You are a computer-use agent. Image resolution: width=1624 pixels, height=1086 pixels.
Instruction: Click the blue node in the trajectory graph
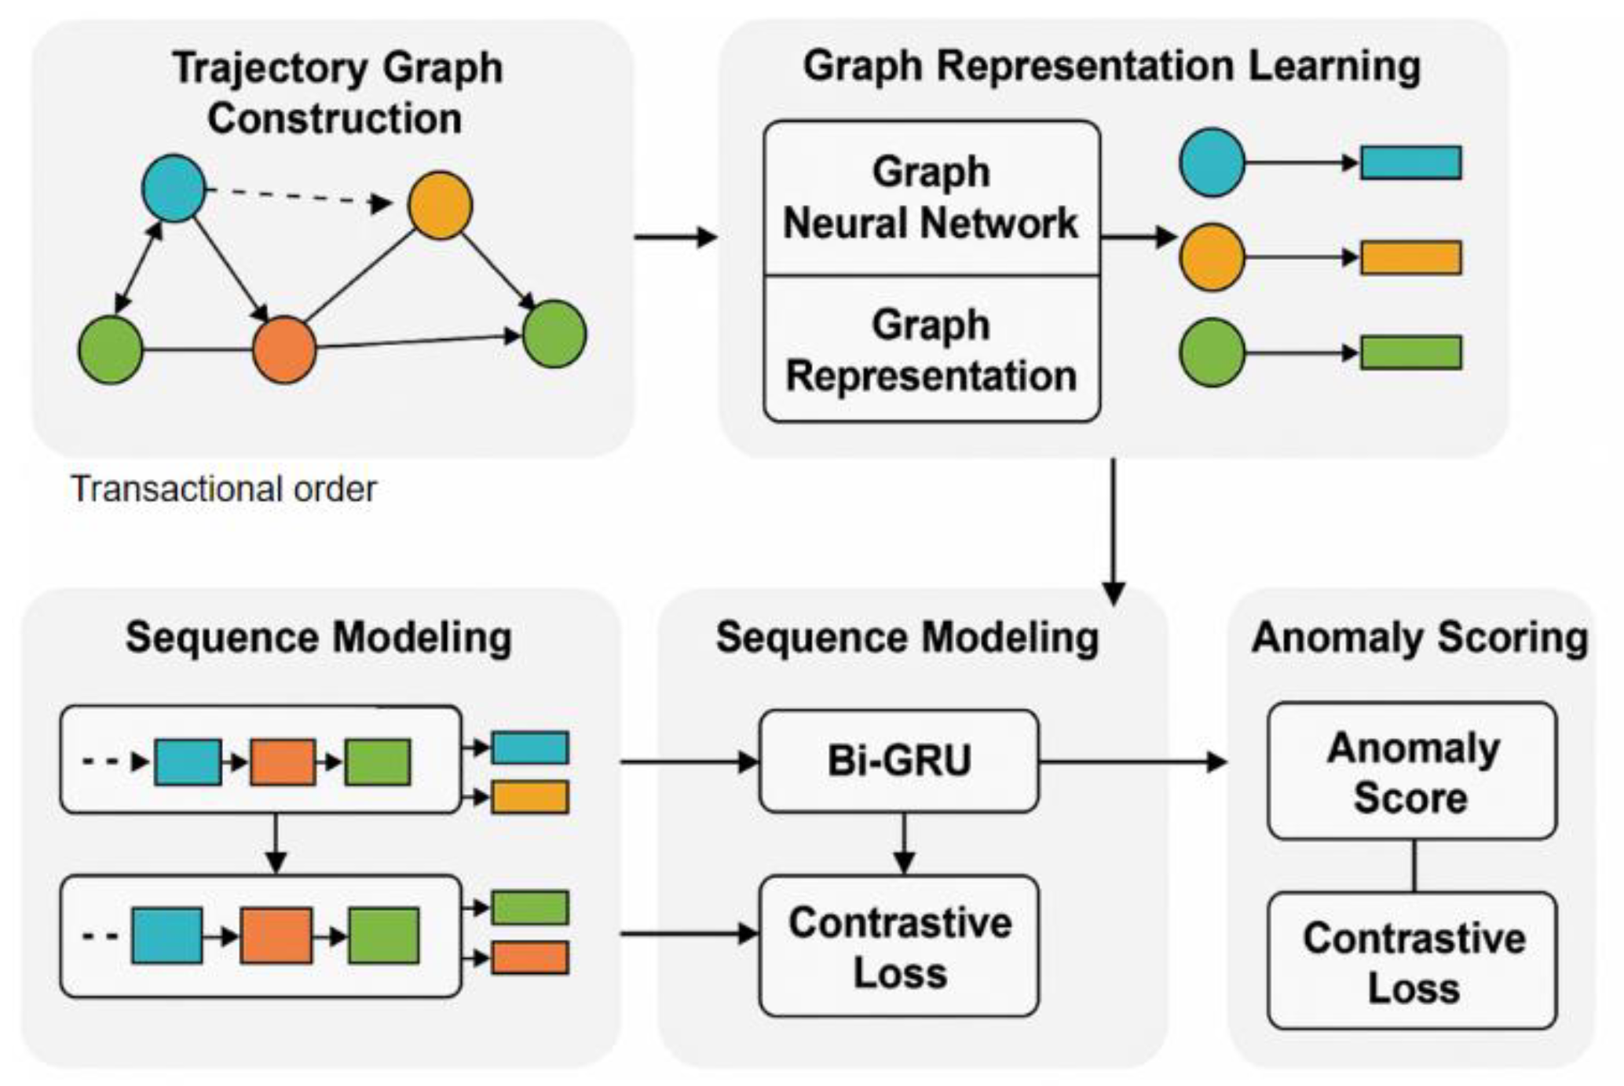[x=174, y=188]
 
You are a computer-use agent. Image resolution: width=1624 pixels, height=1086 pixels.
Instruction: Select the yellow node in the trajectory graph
[x=440, y=205]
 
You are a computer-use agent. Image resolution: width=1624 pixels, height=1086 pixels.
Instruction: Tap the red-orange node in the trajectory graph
[x=284, y=349]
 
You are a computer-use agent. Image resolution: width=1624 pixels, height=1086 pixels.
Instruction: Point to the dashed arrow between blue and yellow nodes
[x=298, y=196]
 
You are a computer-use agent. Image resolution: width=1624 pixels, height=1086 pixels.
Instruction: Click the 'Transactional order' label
[x=224, y=489]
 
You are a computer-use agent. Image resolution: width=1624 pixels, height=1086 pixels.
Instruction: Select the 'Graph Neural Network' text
[x=931, y=198]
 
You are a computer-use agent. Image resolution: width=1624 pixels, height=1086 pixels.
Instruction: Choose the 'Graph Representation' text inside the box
[x=931, y=350]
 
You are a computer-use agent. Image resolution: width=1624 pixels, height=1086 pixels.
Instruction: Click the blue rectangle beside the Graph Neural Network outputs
[x=1410, y=163]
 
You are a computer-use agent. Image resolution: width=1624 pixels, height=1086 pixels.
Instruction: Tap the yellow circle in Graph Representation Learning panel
[x=1212, y=258]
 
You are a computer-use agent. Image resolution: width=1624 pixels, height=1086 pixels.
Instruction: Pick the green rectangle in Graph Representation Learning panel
[x=1410, y=353]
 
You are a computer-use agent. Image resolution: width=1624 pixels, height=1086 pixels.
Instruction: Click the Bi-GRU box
[x=898, y=761]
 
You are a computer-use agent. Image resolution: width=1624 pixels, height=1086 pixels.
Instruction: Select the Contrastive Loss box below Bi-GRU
[x=898, y=946]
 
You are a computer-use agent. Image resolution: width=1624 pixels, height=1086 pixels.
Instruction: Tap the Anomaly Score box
[x=1412, y=771]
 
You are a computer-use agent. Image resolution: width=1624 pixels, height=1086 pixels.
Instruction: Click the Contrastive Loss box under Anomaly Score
[x=1412, y=960]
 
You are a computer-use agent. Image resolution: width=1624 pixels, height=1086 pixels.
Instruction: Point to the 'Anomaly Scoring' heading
[x=1419, y=637]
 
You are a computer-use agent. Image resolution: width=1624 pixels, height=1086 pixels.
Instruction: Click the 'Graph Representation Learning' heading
[x=1111, y=66]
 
